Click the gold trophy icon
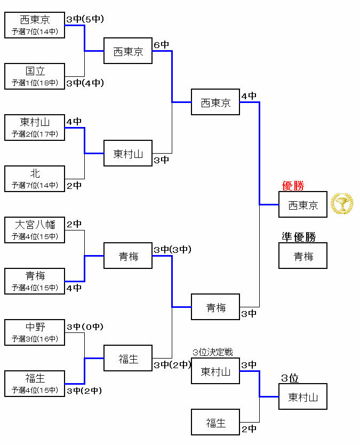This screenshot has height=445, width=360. click(x=342, y=204)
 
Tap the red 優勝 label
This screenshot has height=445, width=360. click(x=293, y=186)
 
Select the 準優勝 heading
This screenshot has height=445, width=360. click(x=299, y=237)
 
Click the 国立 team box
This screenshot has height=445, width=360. click(x=35, y=76)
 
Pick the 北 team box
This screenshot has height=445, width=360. click(x=35, y=179)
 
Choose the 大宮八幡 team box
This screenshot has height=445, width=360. click(x=35, y=230)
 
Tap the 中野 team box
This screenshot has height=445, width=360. click(x=35, y=332)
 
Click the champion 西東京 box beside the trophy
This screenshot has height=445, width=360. click(x=303, y=205)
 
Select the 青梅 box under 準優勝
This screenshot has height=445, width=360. click(x=303, y=256)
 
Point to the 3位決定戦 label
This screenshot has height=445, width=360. click(x=213, y=353)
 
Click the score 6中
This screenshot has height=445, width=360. click(x=161, y=45)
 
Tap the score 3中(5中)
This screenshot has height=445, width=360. click(x=85, y=19)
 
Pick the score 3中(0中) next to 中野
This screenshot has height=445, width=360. click(x=85, y=327)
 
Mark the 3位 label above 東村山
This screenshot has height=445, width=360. click(x=290, y=378)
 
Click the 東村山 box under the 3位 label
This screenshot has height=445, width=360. click(x=303, y=397)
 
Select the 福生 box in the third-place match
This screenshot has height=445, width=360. click(x=215, y=423)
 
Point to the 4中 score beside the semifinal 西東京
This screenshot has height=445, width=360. click(x=249, y=96)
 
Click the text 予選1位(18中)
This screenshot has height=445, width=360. click(x=35, y=83)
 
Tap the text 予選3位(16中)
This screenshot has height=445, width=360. click(x=35, y=339)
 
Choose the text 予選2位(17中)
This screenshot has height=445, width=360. click(x=35, y=134)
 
